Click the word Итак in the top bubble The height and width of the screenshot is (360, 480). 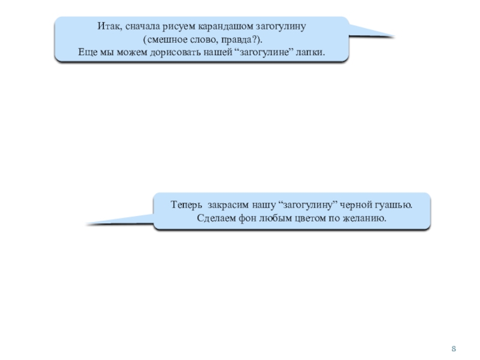pos(107,28)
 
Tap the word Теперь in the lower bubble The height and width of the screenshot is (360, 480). pos(186,205)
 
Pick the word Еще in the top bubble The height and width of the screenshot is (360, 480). pos(88,52)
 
